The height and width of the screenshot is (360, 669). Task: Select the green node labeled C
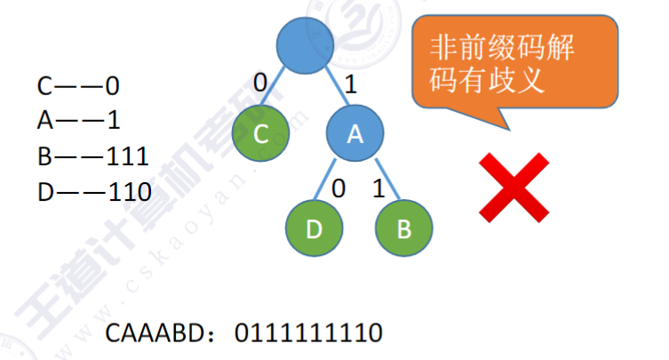260,133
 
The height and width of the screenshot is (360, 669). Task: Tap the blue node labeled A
354,133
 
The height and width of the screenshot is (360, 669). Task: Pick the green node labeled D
314,228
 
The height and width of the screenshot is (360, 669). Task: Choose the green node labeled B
403,228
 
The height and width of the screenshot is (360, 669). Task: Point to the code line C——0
77,86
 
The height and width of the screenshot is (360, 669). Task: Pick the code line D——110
92,191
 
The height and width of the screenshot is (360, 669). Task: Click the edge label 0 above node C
260,83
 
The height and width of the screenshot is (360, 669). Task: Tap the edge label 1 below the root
350,85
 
